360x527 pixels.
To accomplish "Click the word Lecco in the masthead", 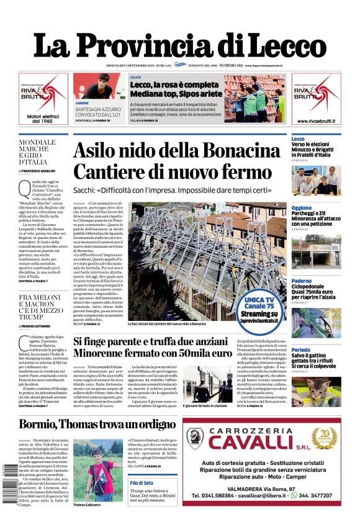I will click(282, 45).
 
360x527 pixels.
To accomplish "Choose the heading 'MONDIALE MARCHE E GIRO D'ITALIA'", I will click(37, 152).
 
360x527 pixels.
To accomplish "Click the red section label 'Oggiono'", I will click(302, 208).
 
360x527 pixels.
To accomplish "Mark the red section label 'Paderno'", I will click(302, 281).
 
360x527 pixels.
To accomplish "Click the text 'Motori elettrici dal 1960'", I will click(42, 117).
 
